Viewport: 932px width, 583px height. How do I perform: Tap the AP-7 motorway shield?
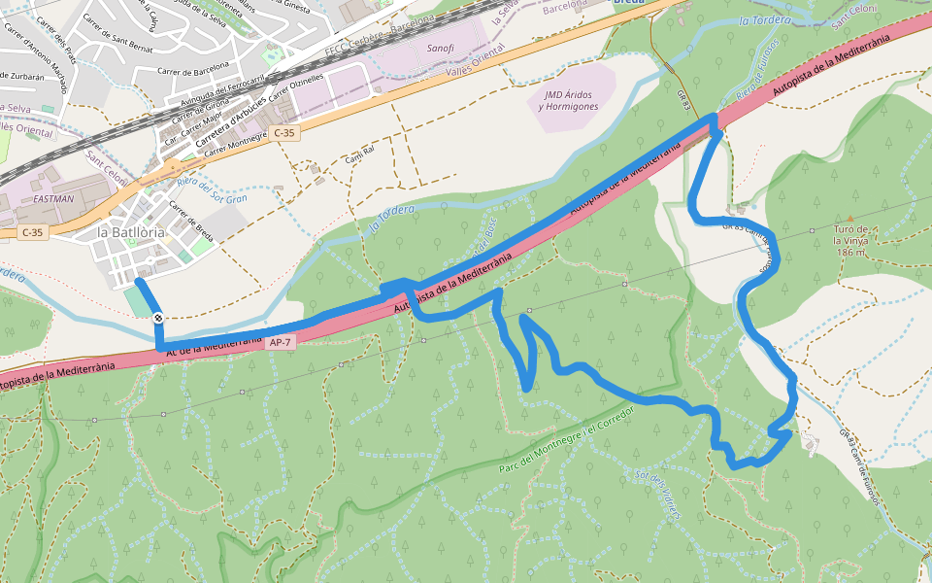tap(280, 343)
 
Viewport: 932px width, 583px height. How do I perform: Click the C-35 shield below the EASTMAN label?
tap(33, 232)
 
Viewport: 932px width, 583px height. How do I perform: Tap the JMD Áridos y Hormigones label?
tap(570, 100)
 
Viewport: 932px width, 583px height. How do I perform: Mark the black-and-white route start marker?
tap(157, 317)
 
